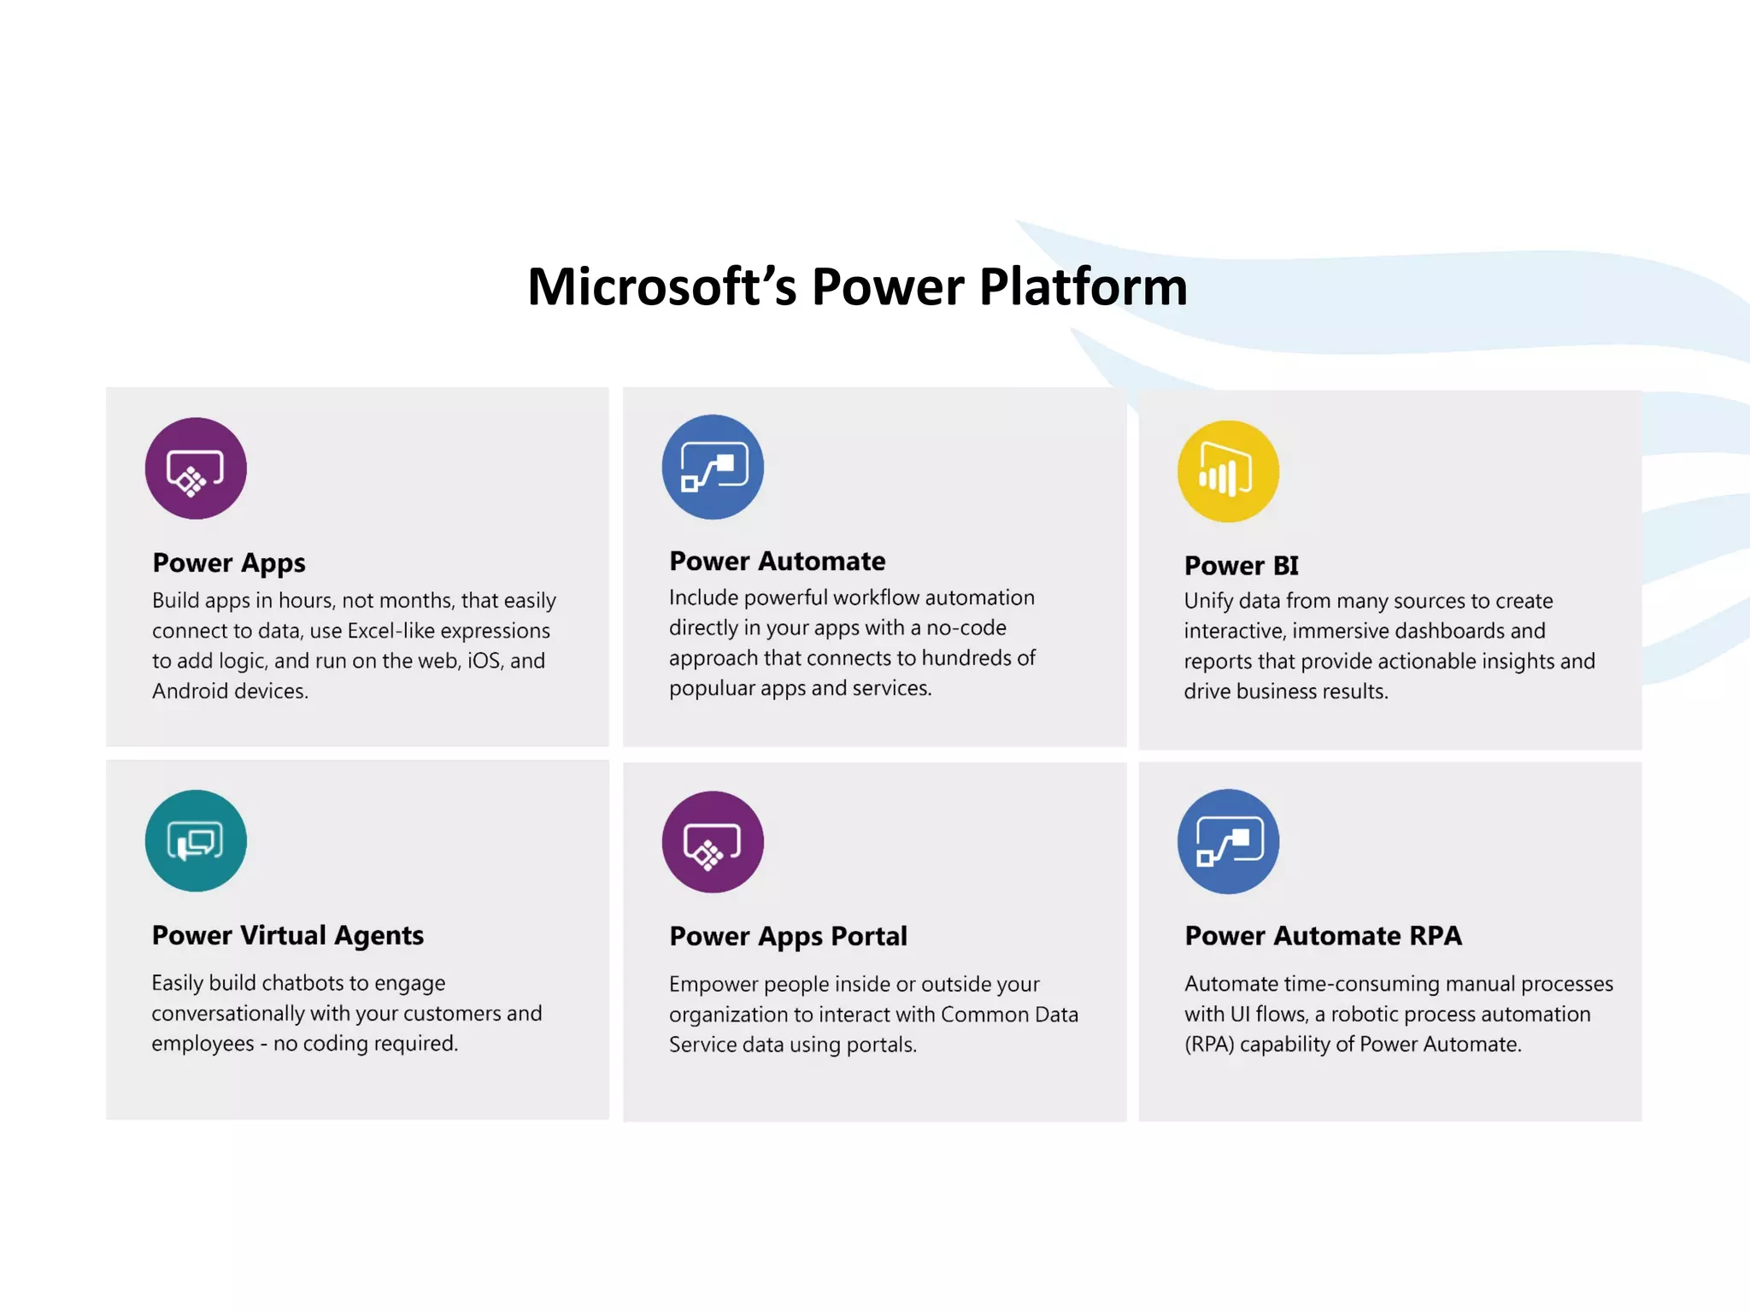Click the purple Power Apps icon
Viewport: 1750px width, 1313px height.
pyautogui.click(x=196, y=468)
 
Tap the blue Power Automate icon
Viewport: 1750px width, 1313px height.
pyautogui.click(x=713, y=467)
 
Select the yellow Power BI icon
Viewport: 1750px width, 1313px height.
pyautogui.click(x=1228, y=471)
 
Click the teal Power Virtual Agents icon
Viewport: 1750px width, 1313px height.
pyautogui.click(x=196, y=840)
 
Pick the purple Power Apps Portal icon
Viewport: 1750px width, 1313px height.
pyautogui.click(x=713, y=842)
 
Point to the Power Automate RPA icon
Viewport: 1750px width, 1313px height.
pyautogui.click(x=1228, y=841)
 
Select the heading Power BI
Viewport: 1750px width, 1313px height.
pyautogui.click(x=1241, y=566)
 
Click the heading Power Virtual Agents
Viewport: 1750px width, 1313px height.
pyautogui.click(x=288, y=935)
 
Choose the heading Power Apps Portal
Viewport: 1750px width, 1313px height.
pyautogui.click(x=788, y=936)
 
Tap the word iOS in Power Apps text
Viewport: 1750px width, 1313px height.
pyautogui.click(x=484, y=661)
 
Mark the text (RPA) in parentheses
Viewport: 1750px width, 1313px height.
pyautogui.click(x=1209, y=1045)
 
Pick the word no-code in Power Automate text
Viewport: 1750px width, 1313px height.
pyautogui.click(x=966, y=627)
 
